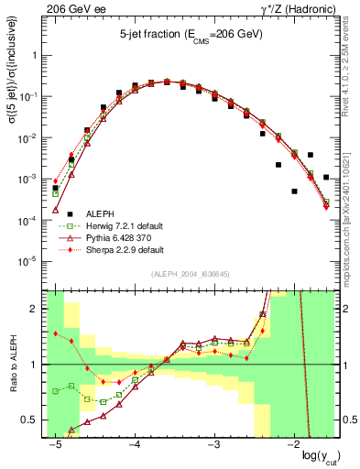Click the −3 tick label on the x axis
[213, 443]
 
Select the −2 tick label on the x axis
[293, 443]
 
